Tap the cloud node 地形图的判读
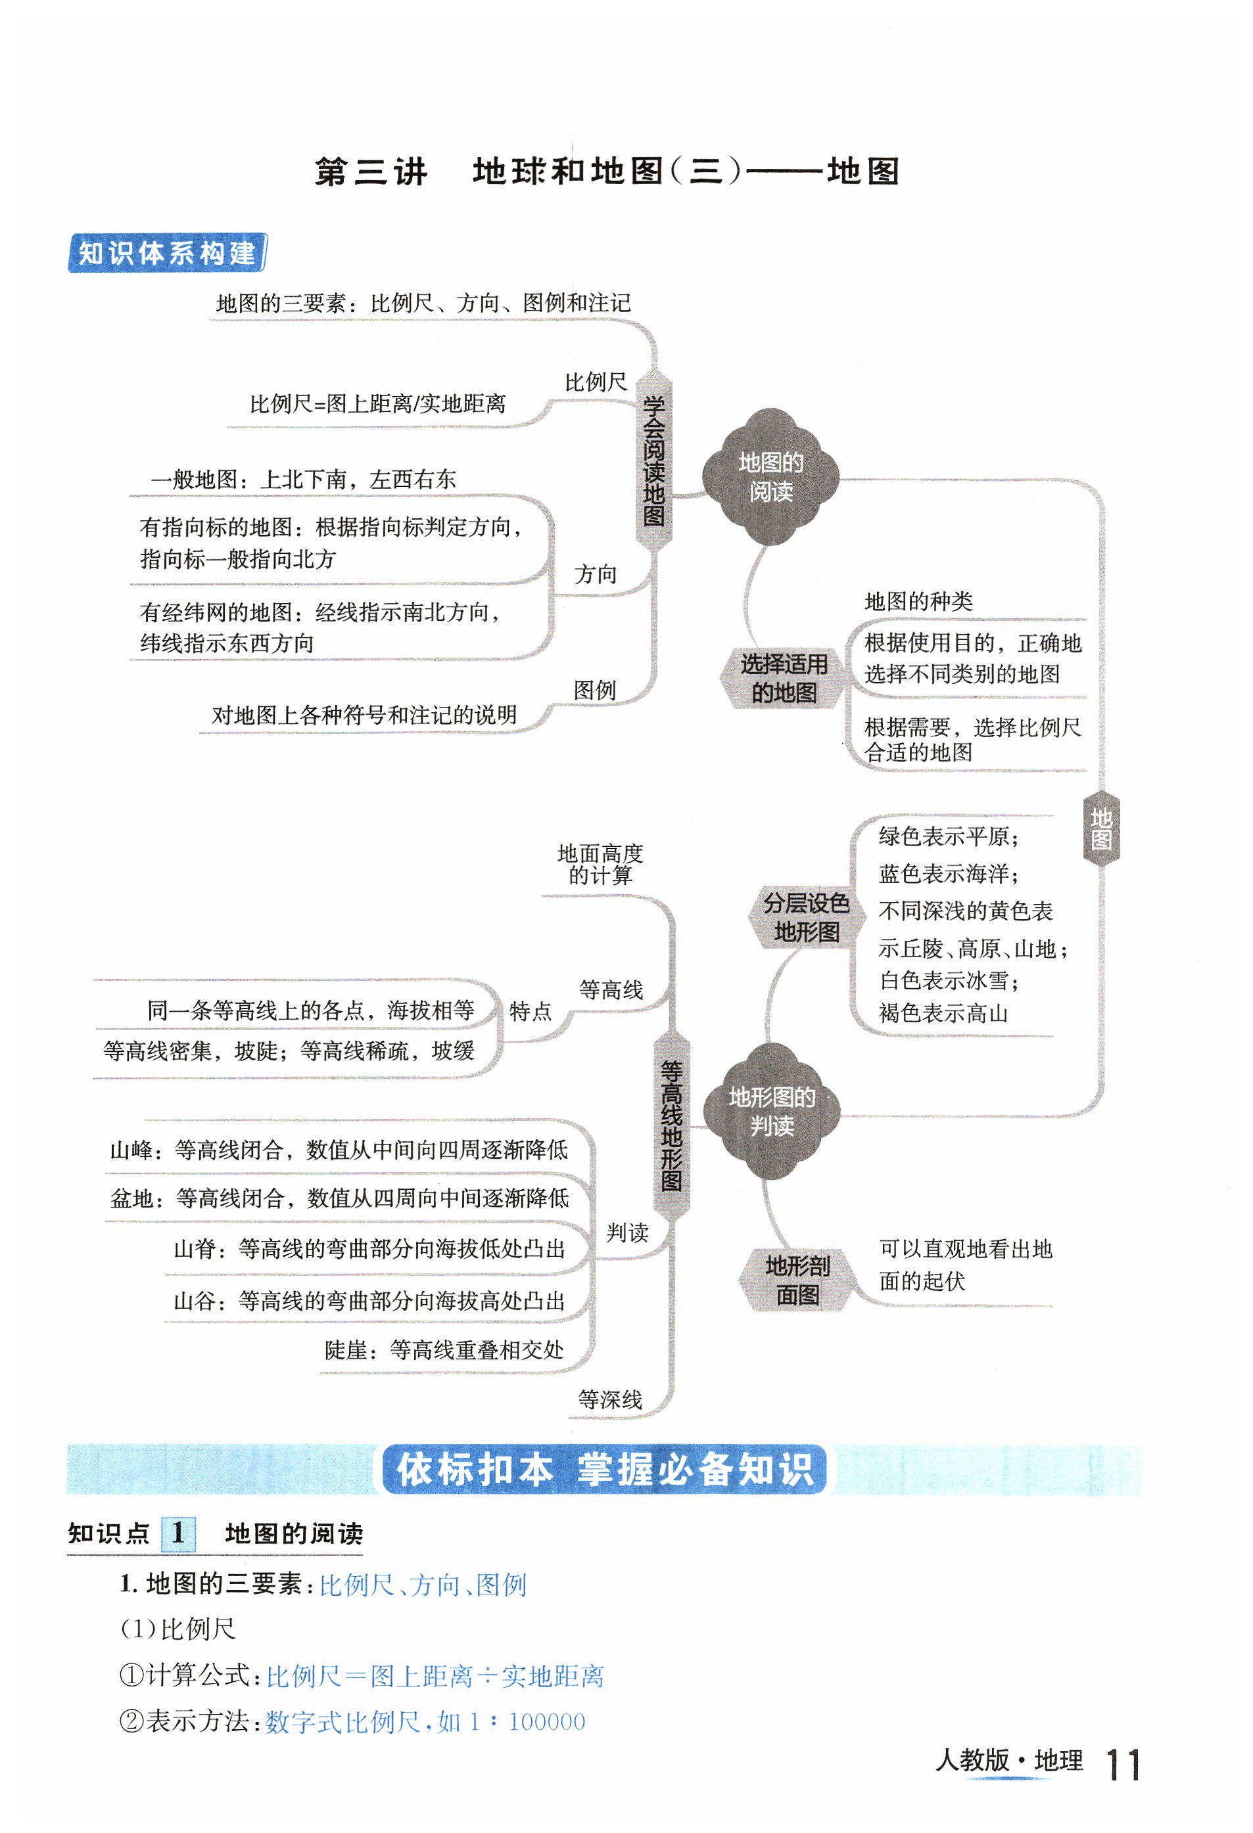tap(771, 1110)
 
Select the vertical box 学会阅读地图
tap(653, 460)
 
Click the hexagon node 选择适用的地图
tap(783, 678)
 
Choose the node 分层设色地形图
tap(805, 917)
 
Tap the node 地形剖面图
tap(797, 1280)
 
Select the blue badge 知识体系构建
tap(167, 253)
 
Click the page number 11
tap(1123, 1765)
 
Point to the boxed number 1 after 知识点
tap(178, 1533)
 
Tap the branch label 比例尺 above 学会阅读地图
tap(595, 382)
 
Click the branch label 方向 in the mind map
tap(595, 574)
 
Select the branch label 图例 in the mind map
tap(594, 690)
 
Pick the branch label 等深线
tap(610, 1400)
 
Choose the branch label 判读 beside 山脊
tap(627, 1233)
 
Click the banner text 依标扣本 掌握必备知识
tap(604, 1470)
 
